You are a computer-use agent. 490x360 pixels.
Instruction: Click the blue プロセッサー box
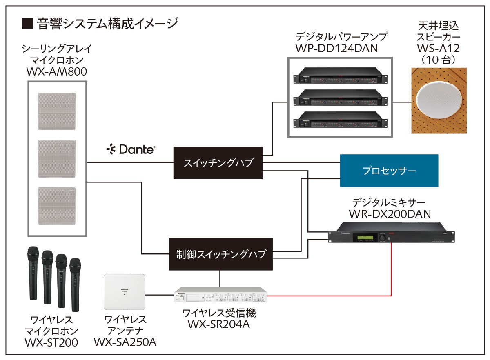tap(389, 171)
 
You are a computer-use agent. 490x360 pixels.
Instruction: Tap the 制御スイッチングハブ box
tap(220, 254)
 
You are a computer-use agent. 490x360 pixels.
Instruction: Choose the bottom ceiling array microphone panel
tap(57, 206)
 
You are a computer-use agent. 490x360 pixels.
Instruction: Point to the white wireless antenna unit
tap(125, 292)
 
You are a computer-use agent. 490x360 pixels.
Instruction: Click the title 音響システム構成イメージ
tap(107, 23)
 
